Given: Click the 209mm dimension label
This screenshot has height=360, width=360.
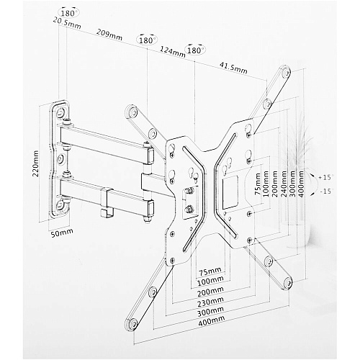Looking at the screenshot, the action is click(109, 35).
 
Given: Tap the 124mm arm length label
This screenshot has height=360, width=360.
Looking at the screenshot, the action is click(173, 52).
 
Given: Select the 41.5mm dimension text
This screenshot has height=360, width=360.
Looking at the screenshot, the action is click(233, 68).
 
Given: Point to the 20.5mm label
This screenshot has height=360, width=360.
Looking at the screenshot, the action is click(67, 23).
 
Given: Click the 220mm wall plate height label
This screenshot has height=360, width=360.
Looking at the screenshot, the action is click(35, 163).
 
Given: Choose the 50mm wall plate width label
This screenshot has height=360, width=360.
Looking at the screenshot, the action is click(62, 232).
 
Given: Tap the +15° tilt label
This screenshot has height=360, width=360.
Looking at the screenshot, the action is click(325, 178).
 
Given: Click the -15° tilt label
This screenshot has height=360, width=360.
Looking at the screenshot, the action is click(326, 192).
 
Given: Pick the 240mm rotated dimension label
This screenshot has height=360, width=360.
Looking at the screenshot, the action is click(284, 184).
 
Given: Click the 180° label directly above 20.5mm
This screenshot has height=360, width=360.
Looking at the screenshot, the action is click(69, 14).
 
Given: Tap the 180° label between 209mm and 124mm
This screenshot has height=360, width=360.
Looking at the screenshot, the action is click(146, 40).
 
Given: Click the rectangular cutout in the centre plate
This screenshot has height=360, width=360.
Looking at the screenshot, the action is click(230, 192).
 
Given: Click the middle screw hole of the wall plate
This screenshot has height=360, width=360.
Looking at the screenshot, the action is click(60, 158).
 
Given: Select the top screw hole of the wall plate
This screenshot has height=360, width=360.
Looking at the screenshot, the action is click(60, 112).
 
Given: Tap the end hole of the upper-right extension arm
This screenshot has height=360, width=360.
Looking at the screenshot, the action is click(285, 73).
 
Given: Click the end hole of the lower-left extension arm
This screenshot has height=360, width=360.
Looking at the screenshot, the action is click(132, 324).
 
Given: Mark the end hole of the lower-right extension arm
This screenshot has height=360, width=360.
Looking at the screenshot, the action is click(287, 283).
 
